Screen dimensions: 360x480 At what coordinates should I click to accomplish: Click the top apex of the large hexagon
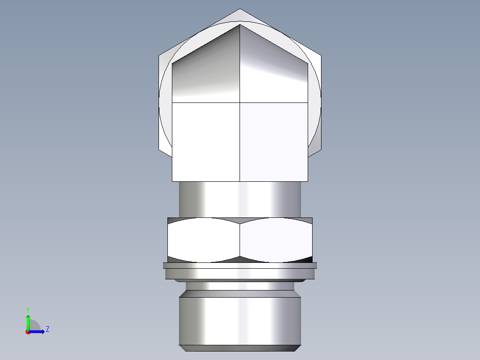pos(240,9)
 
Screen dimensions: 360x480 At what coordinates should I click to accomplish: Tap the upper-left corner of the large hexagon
pos(159,56)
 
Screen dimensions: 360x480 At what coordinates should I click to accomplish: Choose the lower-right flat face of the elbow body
pos(273,142)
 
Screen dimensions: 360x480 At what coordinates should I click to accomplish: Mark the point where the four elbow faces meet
pos(240,102)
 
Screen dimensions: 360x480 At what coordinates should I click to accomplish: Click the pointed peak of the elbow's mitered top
pos(240,25)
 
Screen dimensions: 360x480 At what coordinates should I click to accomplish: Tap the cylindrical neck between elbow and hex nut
pos(240,199)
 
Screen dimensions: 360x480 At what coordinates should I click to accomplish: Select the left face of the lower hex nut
pos(203,240)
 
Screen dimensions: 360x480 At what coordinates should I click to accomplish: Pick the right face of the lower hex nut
pos(276,240)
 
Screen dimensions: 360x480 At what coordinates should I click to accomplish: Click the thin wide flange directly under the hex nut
pos(240,266)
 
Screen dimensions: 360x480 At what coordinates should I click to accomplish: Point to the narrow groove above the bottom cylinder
pos(240,286)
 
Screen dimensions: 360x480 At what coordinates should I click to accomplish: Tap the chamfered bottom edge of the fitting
pos(240,348)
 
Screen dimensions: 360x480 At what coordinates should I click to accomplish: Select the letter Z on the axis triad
pos(47,329)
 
